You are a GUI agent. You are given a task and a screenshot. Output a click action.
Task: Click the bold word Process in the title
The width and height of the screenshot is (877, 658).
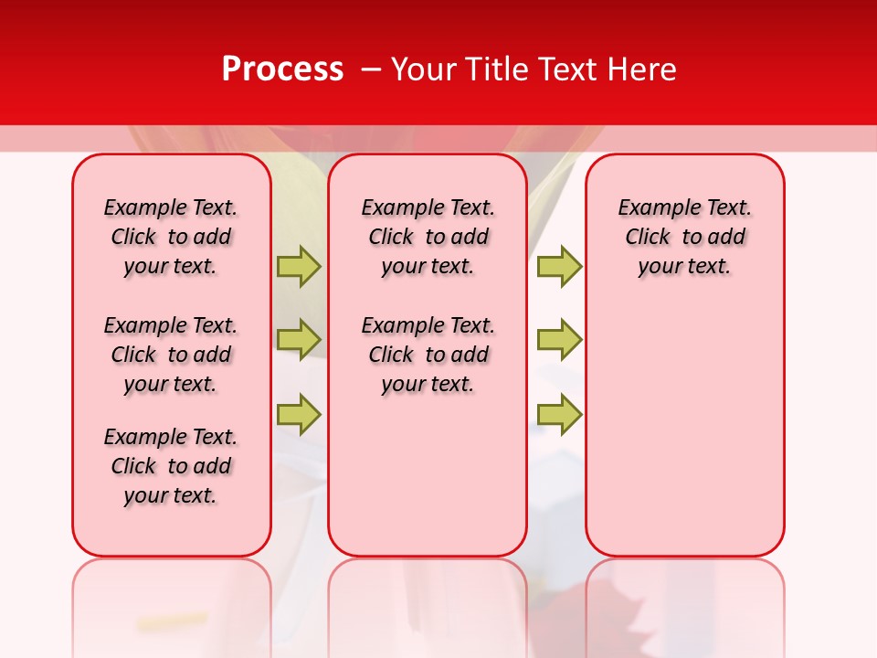pyautogui.click(x=282, y=69)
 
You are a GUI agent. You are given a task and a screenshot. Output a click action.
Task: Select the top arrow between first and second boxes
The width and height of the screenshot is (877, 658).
pyautogui.click(x=299, y=266)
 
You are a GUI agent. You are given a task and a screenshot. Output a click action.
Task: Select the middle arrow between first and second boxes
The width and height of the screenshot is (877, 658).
pyautogui.click(x=299, y=339)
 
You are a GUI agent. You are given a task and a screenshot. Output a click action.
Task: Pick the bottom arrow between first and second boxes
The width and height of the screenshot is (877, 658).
pyautogui.click(x=299, y=413)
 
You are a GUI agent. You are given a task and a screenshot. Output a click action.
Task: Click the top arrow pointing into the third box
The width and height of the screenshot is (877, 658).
pyautogui.click(x=559, y=266)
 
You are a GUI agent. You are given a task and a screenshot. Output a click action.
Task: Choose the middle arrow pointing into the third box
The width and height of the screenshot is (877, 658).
pyautogui.click(x=559, y=339)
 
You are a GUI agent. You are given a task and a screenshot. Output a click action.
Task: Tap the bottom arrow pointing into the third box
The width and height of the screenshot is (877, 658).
pyautogui.click(x=559, y=413)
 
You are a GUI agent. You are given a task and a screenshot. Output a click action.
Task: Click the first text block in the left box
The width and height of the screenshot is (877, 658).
pyautogui.click(x=171, y=237)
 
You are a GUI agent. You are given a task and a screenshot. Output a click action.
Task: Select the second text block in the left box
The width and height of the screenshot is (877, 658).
pyautogui.click(x=171, y=355)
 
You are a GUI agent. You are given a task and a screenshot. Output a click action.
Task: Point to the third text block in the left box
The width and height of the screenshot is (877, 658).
pyautogui.click(x=171, y=466)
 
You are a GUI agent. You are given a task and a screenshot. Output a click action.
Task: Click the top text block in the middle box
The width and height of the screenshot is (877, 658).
pyautogui.click(x=428, y=237)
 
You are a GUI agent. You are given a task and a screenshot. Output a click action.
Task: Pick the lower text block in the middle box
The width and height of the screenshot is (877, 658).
pyautogui.click(x=428, y=355)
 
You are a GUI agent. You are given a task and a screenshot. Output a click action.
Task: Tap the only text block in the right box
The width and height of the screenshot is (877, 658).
pyautogui.click(x=684, y=237)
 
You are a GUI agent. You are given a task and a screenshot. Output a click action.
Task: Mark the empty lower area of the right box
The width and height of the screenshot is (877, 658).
pyautogui.click(x=684, y=439)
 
